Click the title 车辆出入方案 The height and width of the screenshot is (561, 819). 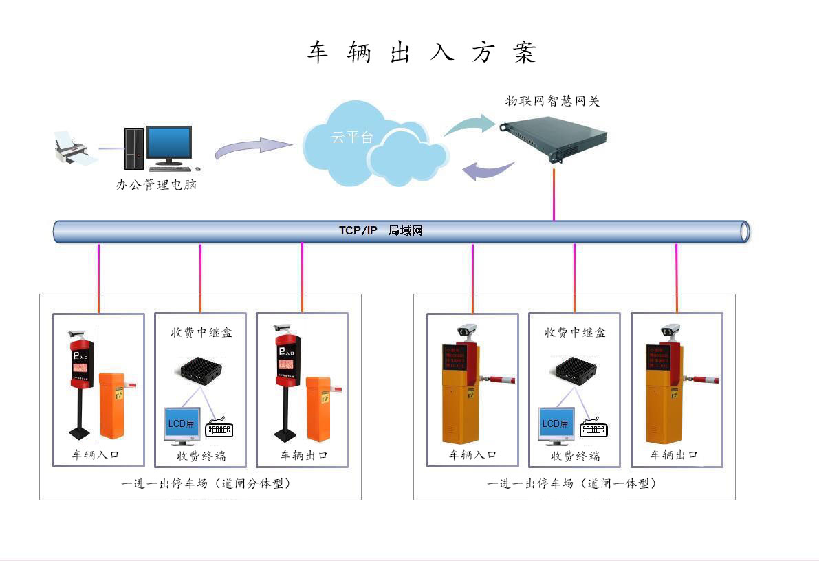(x=421, y=53)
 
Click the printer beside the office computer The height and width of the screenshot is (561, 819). (x=72, y=148)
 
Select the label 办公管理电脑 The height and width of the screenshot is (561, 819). (x=156, y=185)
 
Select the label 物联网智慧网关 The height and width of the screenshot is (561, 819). (x=552, y=102)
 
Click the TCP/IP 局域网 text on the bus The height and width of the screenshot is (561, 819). (x=380, y=231)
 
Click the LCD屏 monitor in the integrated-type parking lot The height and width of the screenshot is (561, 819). (x=556, y=424)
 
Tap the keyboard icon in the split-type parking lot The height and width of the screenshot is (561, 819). (x=220, y=430)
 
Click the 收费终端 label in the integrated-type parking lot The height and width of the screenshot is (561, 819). (x=575, y=456)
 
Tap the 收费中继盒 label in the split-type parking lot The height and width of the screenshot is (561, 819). (x=201, y=332)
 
